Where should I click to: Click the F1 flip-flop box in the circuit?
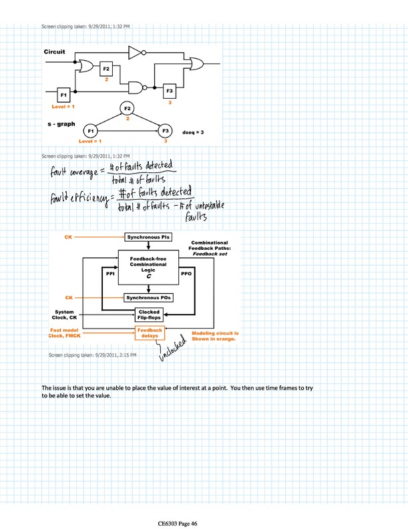coord(63,95)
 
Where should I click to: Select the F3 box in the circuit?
coord(170,92)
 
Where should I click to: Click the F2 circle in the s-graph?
coord(127,108)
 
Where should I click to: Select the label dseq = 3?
coord(192,132)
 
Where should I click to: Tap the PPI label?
coord(112,274)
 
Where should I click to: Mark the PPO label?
coord(186,274)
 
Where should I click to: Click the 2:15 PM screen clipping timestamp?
coord(93,355)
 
